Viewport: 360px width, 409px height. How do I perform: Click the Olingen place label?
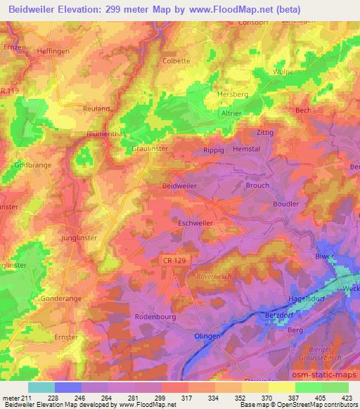[208, 337]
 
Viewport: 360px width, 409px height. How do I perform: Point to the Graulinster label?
[148, 149]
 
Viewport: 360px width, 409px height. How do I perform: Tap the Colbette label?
[176, 60]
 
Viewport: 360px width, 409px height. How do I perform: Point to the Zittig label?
[264, 131]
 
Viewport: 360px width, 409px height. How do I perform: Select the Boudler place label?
[285, 204]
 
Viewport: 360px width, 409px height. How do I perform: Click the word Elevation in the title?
[83, 11]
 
